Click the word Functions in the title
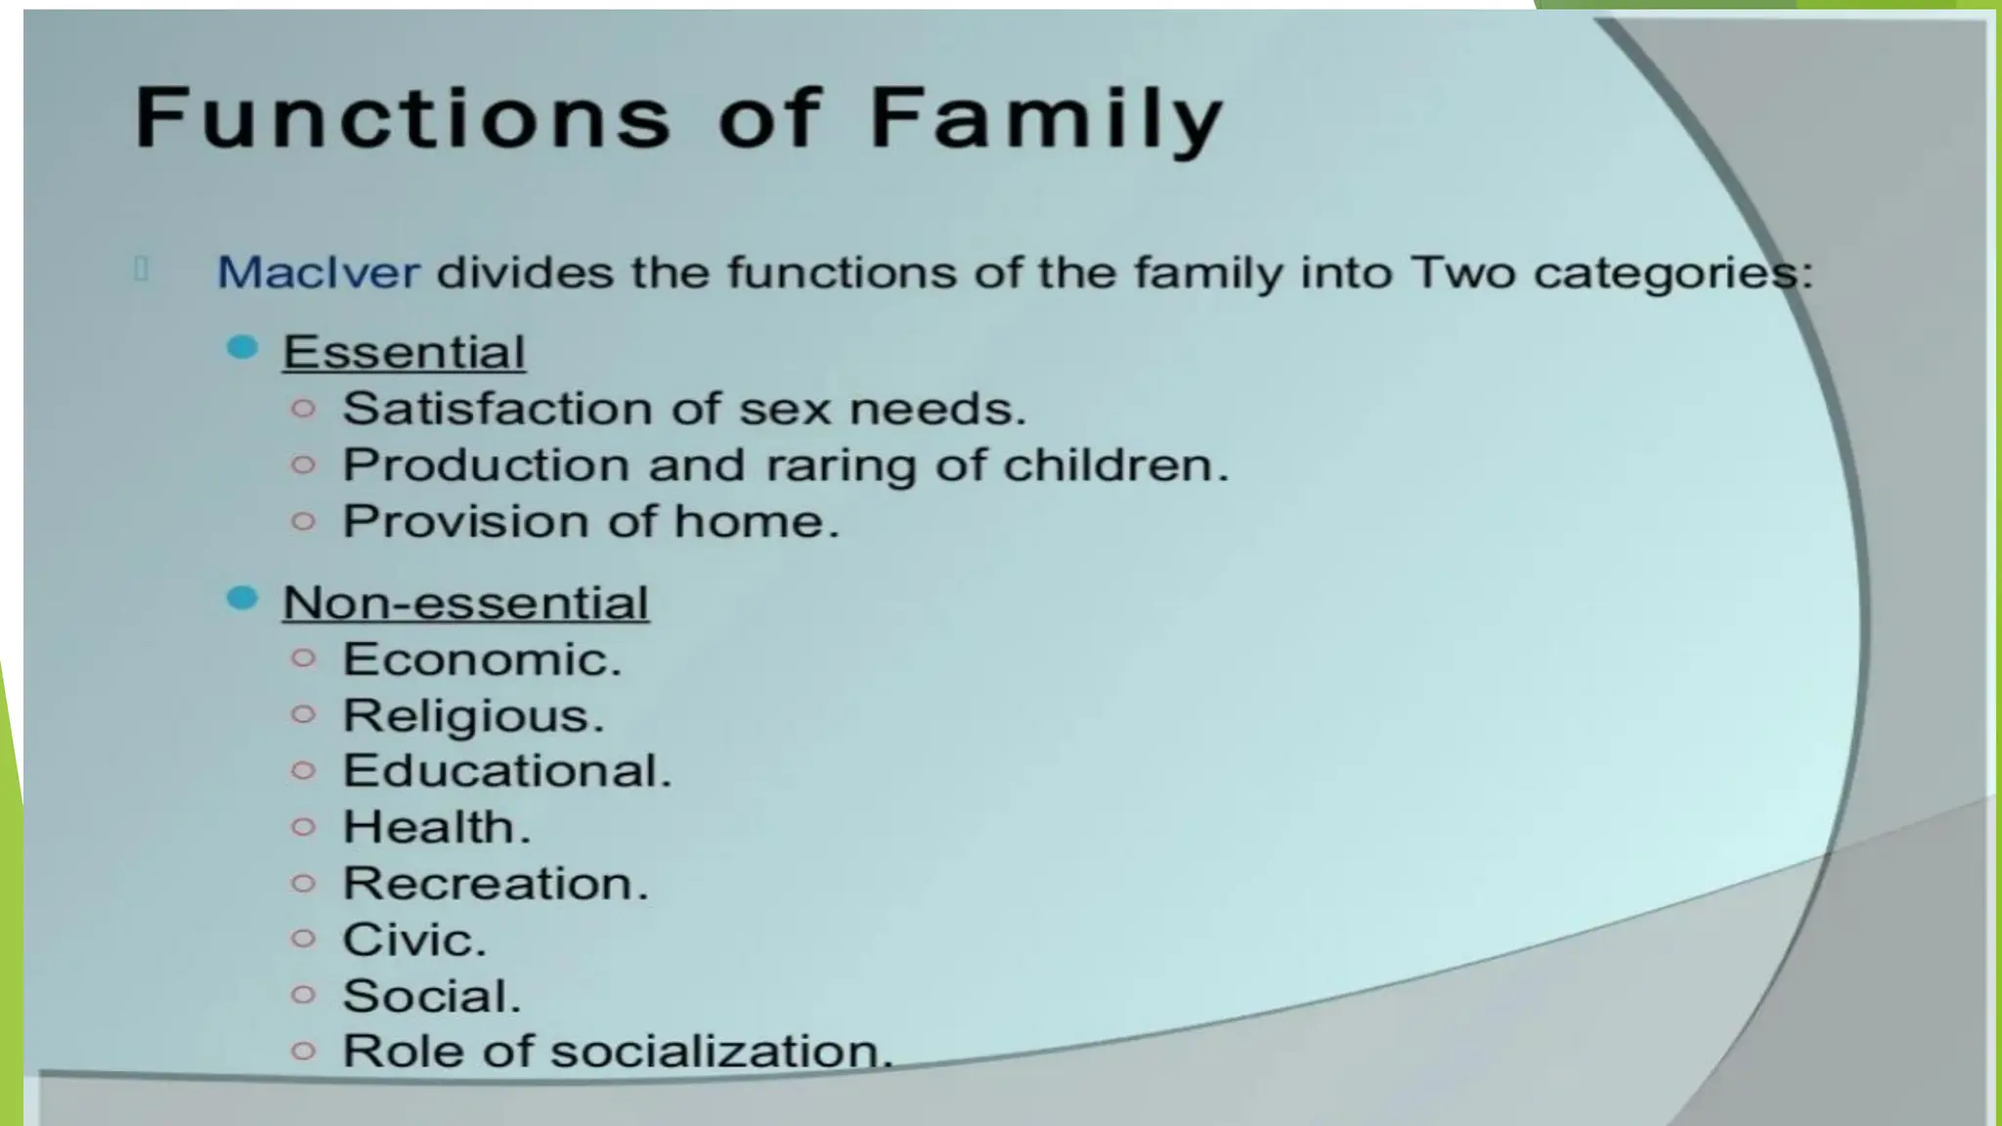402,118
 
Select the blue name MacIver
318,272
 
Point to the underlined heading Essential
404,352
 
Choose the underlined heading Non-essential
465,602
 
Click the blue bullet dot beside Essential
241,347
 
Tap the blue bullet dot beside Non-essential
241,597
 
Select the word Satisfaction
499,409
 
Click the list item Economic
481,660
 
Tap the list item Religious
473,716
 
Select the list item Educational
506,771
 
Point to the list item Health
436,828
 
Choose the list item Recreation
495,884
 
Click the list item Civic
413,940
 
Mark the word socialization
720,1052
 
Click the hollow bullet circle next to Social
304,995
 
